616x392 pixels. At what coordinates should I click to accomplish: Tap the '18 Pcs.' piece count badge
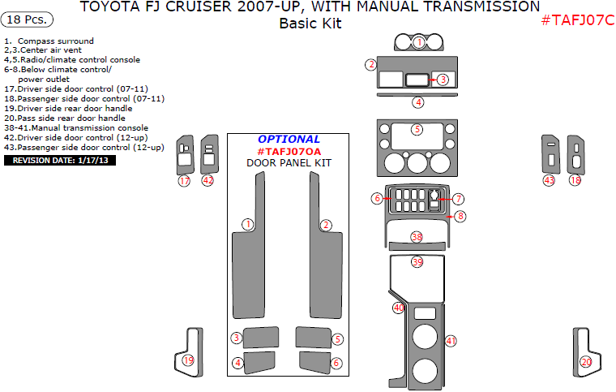(29, 19)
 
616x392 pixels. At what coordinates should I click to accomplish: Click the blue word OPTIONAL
(289, 139)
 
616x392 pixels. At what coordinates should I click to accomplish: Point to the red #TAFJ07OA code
(289, 151)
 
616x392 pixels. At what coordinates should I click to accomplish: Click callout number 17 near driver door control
(184, 181)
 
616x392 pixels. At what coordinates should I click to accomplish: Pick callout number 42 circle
(207, 180)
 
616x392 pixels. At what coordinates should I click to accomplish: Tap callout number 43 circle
(550, 180)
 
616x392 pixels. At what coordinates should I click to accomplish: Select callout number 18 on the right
(575, 180)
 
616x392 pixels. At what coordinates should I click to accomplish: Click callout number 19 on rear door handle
(188, 360)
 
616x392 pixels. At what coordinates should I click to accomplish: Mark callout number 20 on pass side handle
(586, 361)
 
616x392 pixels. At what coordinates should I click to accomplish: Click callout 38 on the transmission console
(417, 237)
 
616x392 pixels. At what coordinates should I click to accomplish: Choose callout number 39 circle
(417, 262)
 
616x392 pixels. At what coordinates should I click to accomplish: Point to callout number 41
(451, 341)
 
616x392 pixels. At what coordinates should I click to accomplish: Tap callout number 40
(398, 308)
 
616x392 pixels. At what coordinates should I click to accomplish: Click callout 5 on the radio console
(417, 129)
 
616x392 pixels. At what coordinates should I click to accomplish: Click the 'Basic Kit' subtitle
(310, 24)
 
